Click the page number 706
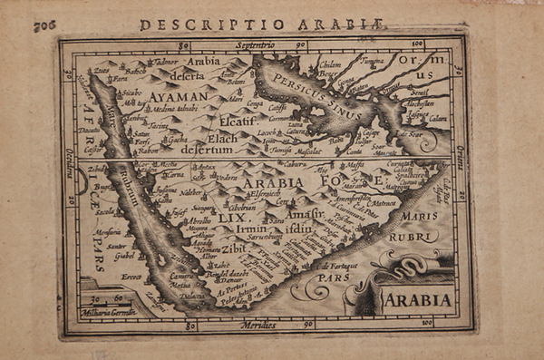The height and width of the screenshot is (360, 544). coord(44,25)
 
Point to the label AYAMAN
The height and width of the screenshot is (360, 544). coord(180,94)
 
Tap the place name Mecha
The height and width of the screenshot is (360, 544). coord(169,165)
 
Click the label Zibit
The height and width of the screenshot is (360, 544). coord(234,247)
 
